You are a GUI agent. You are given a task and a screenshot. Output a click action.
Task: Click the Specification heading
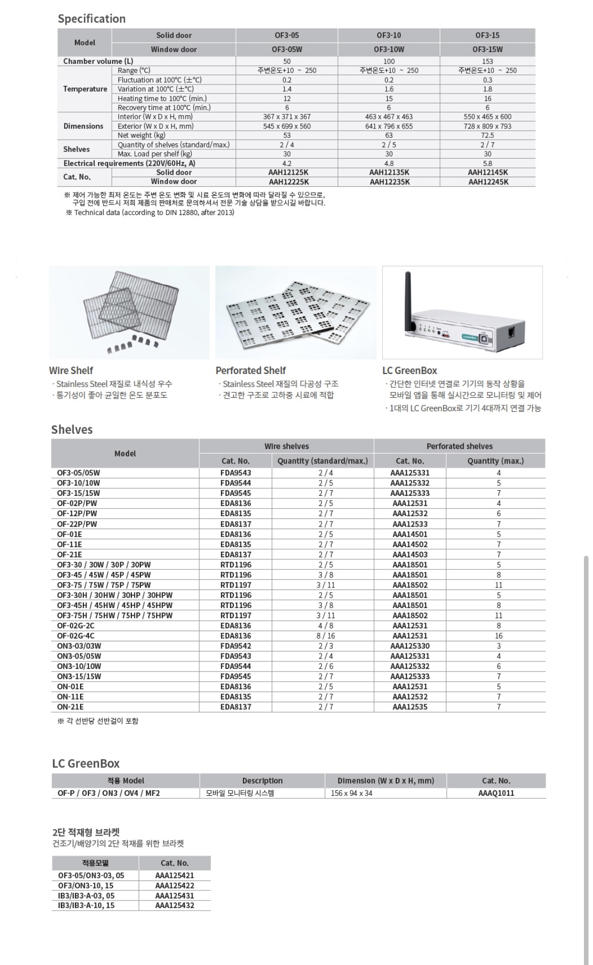(x=92, y=19)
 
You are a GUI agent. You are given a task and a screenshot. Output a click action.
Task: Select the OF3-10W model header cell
(x=388, y=49)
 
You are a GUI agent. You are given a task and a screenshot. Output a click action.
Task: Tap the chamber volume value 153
(x=487, y=61)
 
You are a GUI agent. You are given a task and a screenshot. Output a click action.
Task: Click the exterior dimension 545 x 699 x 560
(x=287, y=126)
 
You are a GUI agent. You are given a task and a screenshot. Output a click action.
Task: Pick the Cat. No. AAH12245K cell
(x=488, y=182)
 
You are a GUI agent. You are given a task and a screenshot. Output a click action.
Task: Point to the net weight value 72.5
(x=487, y=135)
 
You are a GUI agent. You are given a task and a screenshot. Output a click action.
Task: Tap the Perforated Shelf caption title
(x=250, y=370)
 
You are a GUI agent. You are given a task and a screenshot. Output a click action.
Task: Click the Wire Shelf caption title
(x=71, y=370)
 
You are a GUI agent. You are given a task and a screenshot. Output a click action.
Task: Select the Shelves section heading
(x=72, y=429)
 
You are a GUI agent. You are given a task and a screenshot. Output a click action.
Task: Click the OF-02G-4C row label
(x=75, y=636)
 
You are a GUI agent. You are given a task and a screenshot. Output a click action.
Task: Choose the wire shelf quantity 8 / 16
(x=325, y=636)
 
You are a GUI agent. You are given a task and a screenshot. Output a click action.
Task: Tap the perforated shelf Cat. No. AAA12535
(x=410, y=707)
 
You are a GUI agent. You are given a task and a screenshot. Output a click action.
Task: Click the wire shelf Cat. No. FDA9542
(x=235, y=646)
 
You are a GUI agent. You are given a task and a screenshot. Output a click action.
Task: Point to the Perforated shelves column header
(x=459, y=446)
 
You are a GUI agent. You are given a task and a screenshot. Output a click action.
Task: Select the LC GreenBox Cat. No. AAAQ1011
(x=496, y=793)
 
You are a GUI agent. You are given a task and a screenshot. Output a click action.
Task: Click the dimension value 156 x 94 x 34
(x=352, y=793)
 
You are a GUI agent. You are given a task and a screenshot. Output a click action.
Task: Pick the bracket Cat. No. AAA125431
(x=175, y=896)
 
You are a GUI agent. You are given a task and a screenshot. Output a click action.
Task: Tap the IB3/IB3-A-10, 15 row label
(x=86, y=905)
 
